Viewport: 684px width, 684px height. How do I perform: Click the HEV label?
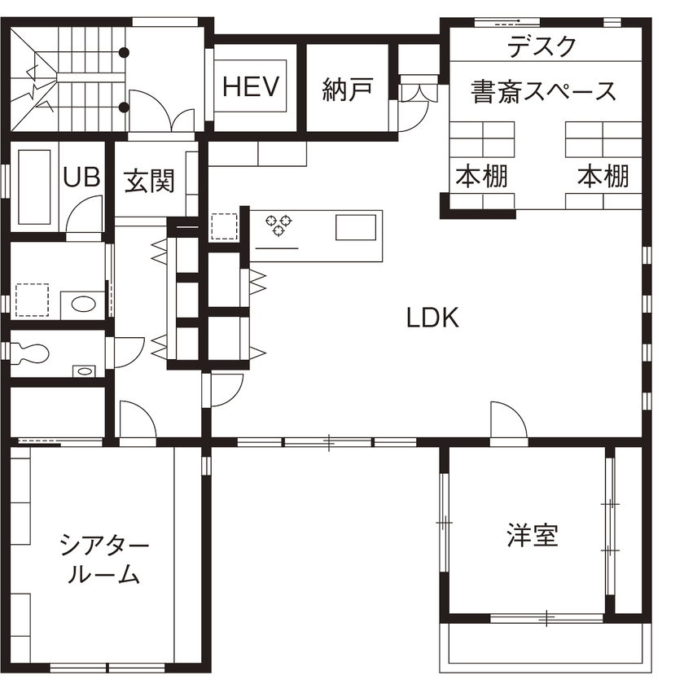pos(251,85)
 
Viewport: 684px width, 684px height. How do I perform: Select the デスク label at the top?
pos(542,47)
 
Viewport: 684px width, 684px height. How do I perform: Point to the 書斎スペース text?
pos(544,90)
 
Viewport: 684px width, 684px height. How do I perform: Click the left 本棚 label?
pos(482,176)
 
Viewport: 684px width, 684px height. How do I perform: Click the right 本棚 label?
pos(603,176)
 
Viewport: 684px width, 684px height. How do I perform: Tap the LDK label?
pos(433,318)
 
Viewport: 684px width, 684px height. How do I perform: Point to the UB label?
pos(81,178)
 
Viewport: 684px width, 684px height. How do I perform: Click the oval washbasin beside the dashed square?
pos(83,304)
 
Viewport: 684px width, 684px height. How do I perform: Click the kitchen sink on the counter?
pos(356,227)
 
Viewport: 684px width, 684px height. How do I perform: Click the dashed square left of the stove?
pos(222,227)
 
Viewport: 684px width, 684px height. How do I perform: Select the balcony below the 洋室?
pos(546,647)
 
